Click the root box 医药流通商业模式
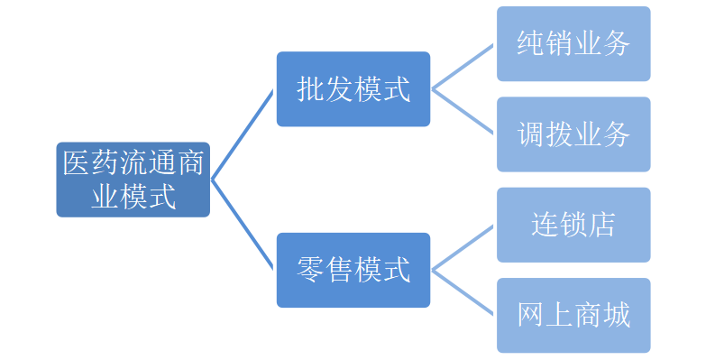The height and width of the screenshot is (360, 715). click(x=133, y=179)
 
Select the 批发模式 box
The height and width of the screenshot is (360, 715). click(x=353, y=89)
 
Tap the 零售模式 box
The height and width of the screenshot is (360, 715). click(x=353, y=269)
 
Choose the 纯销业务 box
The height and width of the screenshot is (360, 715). click(x=573, y=43)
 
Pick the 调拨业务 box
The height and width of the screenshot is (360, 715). click(x=573, y=134)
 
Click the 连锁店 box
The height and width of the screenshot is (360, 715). click(x=573, y=224)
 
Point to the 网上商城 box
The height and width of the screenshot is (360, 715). click(x=573, y=314)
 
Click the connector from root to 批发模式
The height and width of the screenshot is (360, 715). click(x=243, y=134)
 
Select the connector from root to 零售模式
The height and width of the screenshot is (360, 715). click(x=243, y=224)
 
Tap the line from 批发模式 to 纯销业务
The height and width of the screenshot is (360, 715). click(x=463, y=67)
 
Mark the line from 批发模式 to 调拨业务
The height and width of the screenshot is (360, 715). click(x=463, y=112)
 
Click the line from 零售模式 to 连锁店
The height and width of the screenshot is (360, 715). click(x=463, y=246)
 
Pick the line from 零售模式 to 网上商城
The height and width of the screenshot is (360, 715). click(x=463, y=291)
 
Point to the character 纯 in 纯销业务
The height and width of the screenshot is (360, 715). click(x=531, y=43)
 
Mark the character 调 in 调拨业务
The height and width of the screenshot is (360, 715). click(x=531, y=134)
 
